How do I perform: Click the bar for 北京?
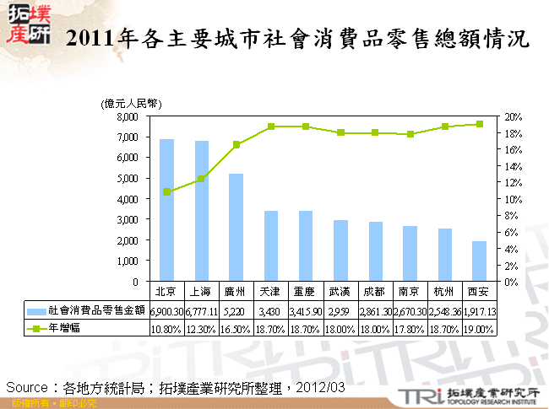coord(166,211)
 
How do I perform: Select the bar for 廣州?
coord(236,228)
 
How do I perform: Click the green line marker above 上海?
coord(201,179)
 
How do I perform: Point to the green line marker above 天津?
coord(271,126)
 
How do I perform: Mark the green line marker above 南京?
coord(410,134)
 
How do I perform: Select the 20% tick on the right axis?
coord(512,116)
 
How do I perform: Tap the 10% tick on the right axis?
coord(512,199)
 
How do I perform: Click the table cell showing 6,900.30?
coord(166,312)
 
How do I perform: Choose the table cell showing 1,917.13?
coord(478,312)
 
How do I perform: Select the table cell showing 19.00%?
coord(478,329)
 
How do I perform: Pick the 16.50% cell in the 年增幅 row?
coord(236,329)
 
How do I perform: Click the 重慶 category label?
coord(306,292)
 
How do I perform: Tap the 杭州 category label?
coord(443,292)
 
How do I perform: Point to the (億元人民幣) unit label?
coord(132,102)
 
